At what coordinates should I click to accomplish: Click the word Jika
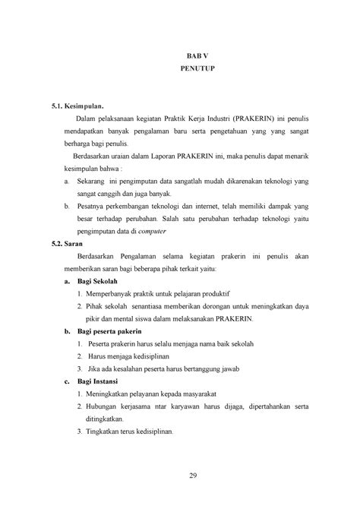pos(96,368)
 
